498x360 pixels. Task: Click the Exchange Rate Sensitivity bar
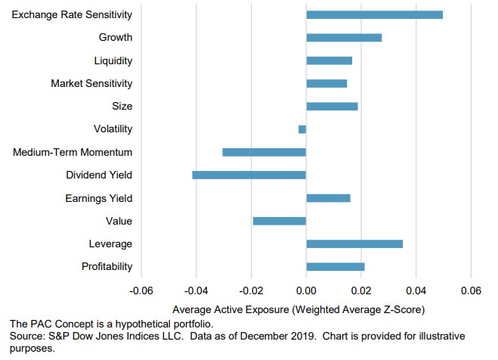click(374, 14)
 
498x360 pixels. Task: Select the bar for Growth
click(344, 37)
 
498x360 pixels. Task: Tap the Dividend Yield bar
click(249, 175)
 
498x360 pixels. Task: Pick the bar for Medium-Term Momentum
click(264, 152)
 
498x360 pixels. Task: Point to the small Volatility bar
click(302, 129)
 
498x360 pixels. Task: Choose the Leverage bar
click(354, 244)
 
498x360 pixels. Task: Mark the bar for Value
click(280, 221)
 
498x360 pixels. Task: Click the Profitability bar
click(336, 266)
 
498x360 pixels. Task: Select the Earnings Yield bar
click(328, 198)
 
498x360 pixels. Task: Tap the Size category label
click(122, 106)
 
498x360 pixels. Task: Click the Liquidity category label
click(114, 61)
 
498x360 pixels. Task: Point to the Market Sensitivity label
click(91, 83)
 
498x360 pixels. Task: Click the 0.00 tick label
click(306, 290)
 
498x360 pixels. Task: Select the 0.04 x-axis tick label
click(416, 290)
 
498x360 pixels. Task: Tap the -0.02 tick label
click(251, 290)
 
